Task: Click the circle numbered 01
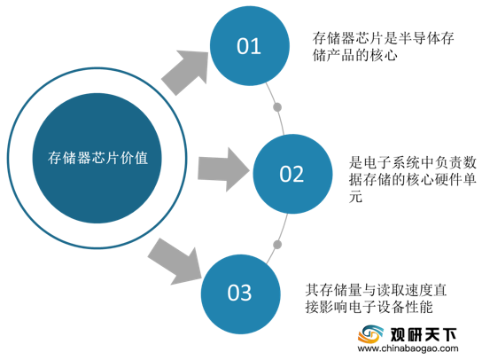[x=250, y=46]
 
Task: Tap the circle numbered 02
[x=292, y=174]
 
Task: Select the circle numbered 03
[x=241, y=293]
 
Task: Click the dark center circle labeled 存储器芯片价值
[x=97, y=158]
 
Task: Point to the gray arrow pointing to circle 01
[x=185, y=73]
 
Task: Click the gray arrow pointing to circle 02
[x=223, y=169]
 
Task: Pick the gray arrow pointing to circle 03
[x=175, y=262]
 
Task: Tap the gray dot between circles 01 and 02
[x=277, y=107]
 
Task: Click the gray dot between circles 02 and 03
[x=277, y=245]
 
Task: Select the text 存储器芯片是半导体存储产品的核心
[x=384, y=47]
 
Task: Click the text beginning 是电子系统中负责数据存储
[x=413, y=180]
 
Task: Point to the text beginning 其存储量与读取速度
[x=376, y=299]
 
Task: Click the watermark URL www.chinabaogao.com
[x=408, y=348]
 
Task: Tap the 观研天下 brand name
[x=424, y=334]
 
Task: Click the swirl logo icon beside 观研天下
[x=370, y=334]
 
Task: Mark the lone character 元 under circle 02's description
[x=355, y=197]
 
